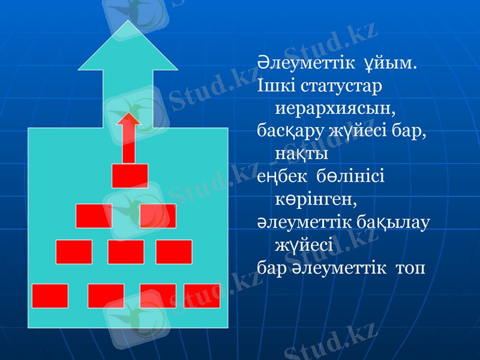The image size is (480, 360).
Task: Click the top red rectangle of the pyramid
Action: click(130, 176)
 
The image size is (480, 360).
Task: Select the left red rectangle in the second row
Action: click(94, 216)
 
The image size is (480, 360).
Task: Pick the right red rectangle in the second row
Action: click(158, 216)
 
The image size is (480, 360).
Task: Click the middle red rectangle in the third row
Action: click(126, 252)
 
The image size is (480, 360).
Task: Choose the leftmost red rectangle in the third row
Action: click(74, 252)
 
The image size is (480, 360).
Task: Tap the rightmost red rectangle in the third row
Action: click(174, 252)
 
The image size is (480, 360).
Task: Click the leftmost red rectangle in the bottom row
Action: click(50, 296)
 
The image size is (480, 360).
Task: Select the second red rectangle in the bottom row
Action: click(106, 296)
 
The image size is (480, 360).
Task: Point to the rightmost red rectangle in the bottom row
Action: click(202, 296)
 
